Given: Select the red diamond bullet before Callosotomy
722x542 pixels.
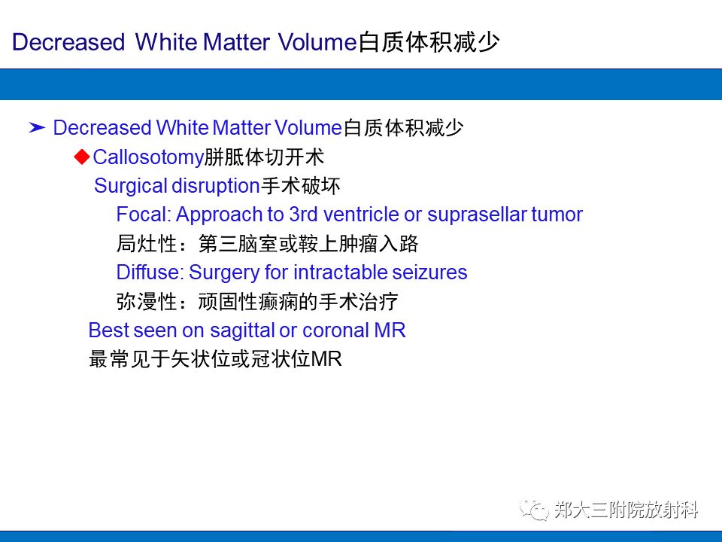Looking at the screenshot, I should (82, 156).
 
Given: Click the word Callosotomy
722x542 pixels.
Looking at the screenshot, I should (148, 157).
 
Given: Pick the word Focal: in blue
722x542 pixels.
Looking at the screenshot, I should (144, 215).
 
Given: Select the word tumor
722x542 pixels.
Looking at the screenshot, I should (557, 215).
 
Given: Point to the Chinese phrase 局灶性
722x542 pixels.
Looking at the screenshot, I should (146, 244).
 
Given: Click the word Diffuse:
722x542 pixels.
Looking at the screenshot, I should (150, 272).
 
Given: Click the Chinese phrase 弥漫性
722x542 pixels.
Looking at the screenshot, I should (146, 302).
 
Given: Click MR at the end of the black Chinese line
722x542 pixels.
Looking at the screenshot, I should (326, 360).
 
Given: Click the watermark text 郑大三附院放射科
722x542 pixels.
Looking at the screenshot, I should (626, 510).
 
